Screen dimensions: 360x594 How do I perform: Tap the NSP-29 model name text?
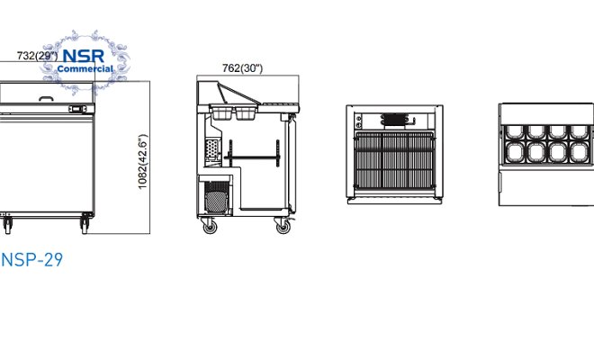point(31,260)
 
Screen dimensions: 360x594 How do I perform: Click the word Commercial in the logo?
point(85,67)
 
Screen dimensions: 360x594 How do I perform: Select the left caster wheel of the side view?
point(210,227)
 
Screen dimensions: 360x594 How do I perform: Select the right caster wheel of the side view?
point(283,227)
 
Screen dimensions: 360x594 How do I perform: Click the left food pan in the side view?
point(220,113)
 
